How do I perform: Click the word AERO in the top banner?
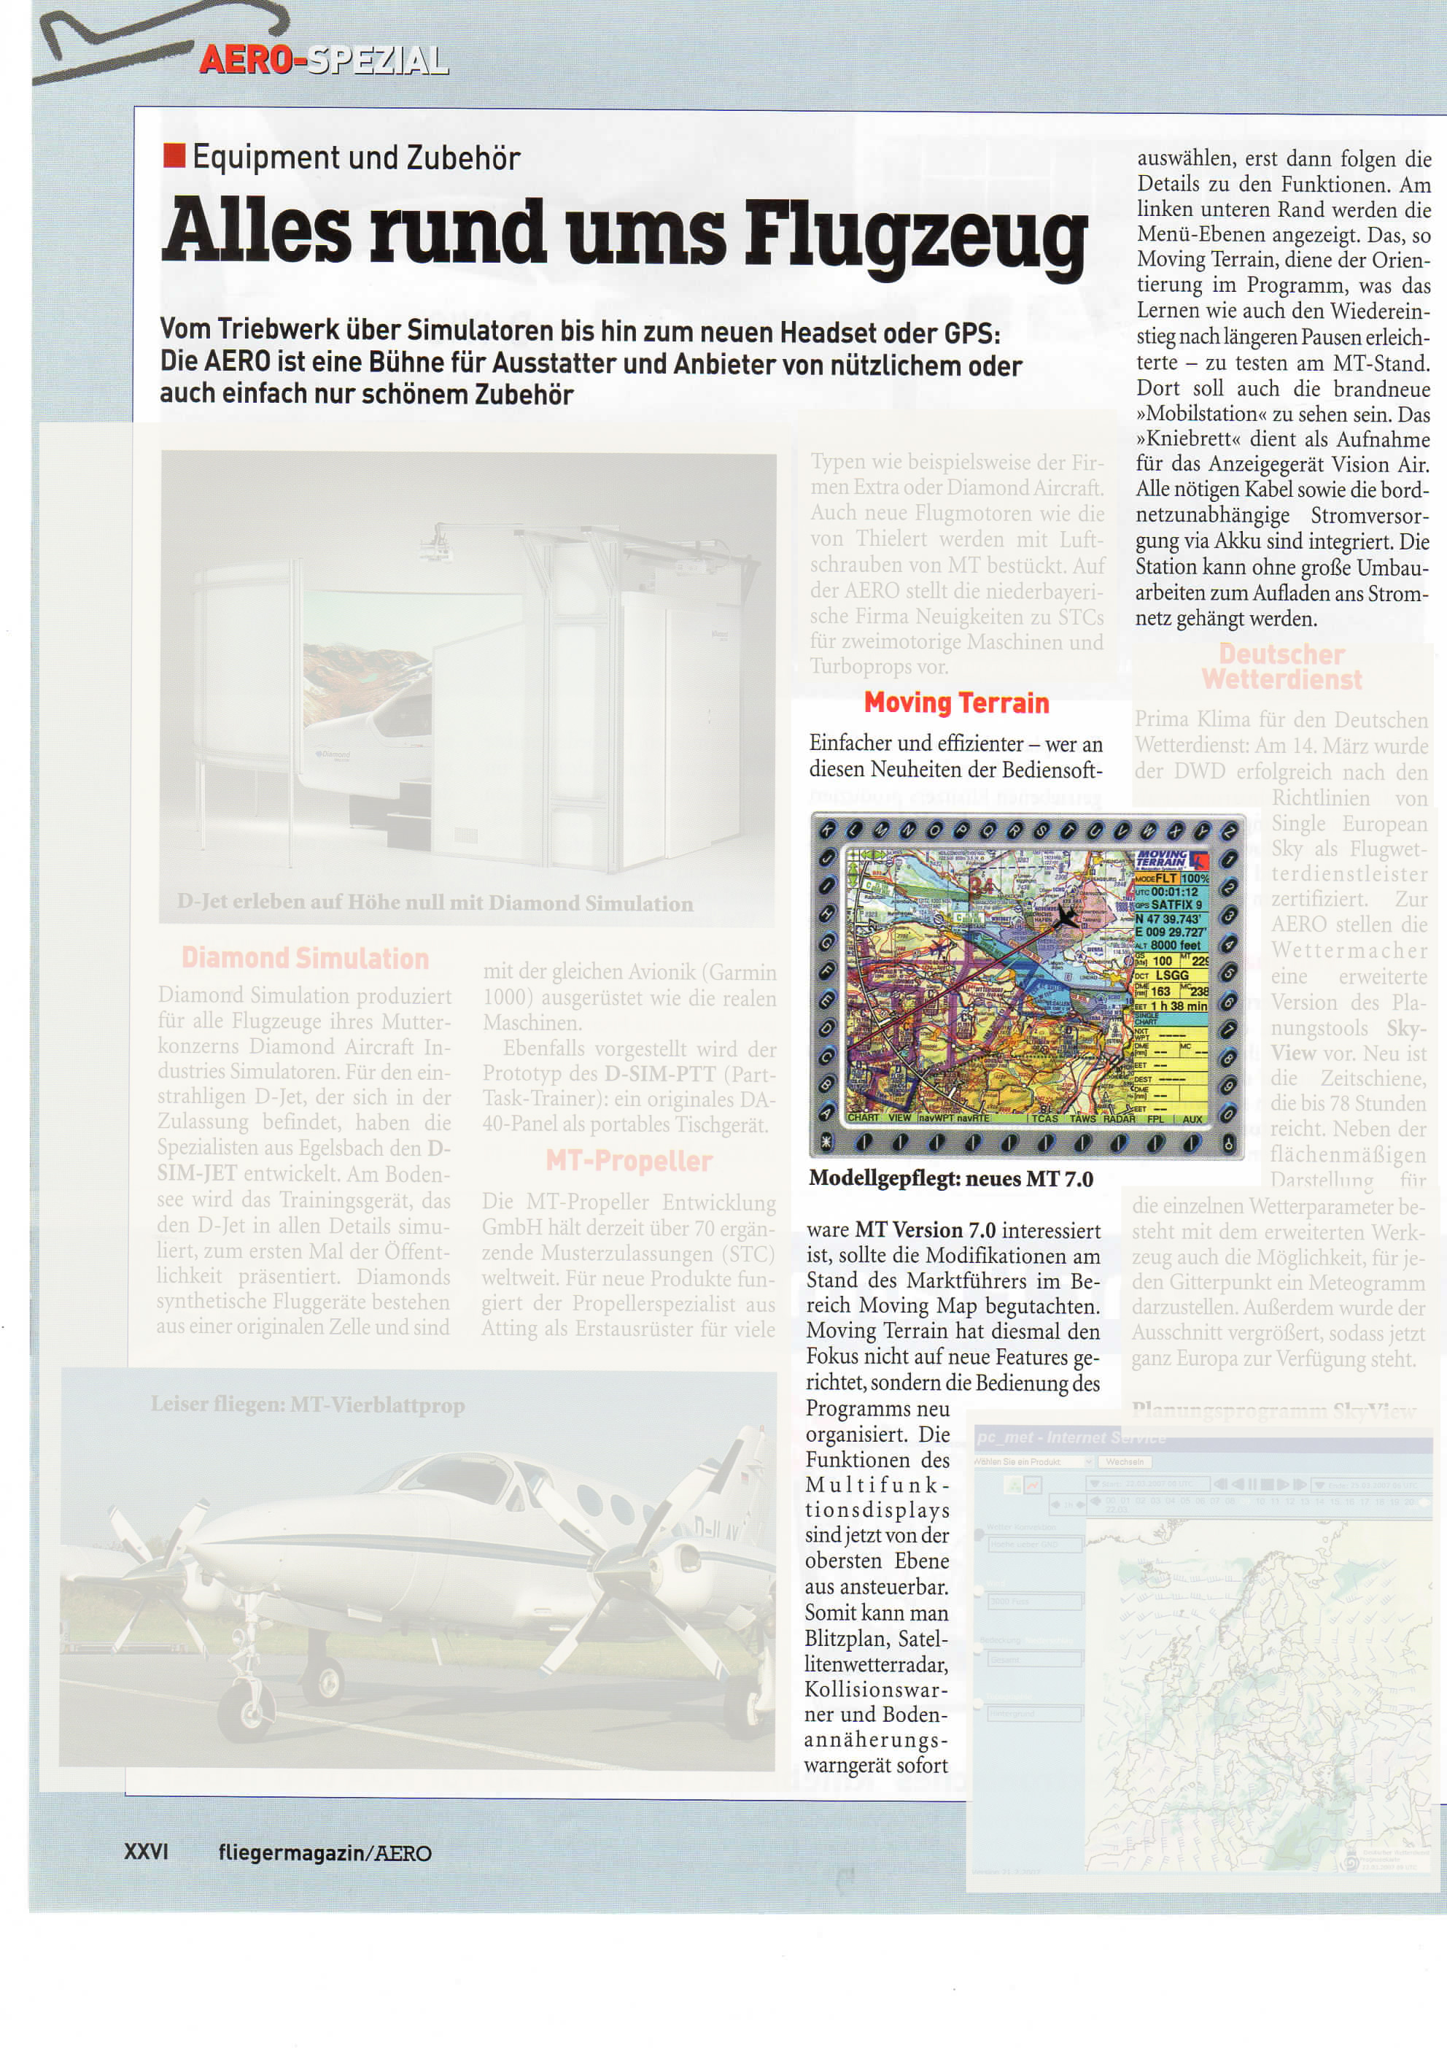[246, 60]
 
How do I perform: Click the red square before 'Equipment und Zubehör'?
[174, 157]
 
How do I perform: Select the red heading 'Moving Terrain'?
[955, 703]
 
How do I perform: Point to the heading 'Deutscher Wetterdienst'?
[1281, 667]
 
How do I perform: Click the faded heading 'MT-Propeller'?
[629, 1161]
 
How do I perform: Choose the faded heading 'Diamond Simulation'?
[305, 958]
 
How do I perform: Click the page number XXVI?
[146, 1852]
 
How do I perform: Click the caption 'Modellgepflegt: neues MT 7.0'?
[950, 1179]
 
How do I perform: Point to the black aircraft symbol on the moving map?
[1065, 917]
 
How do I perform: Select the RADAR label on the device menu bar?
[1119, 1118]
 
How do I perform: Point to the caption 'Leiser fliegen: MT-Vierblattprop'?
[308, 1406]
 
